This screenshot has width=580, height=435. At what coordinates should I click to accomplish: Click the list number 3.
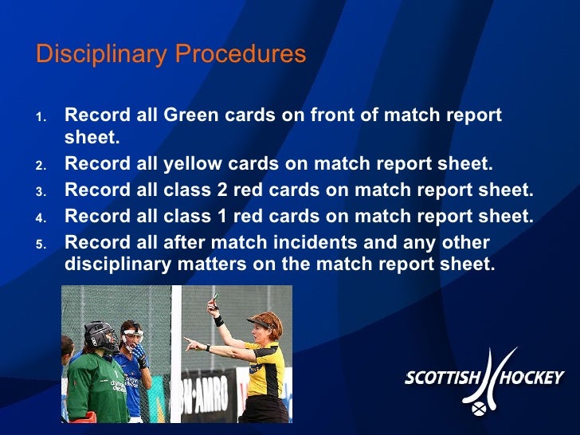(41, 192)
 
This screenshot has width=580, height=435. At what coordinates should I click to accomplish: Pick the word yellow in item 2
(194, 165)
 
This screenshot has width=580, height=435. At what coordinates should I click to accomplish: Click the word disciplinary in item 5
(116, 263)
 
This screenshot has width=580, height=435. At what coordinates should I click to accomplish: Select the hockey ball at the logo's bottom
(480, 411)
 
